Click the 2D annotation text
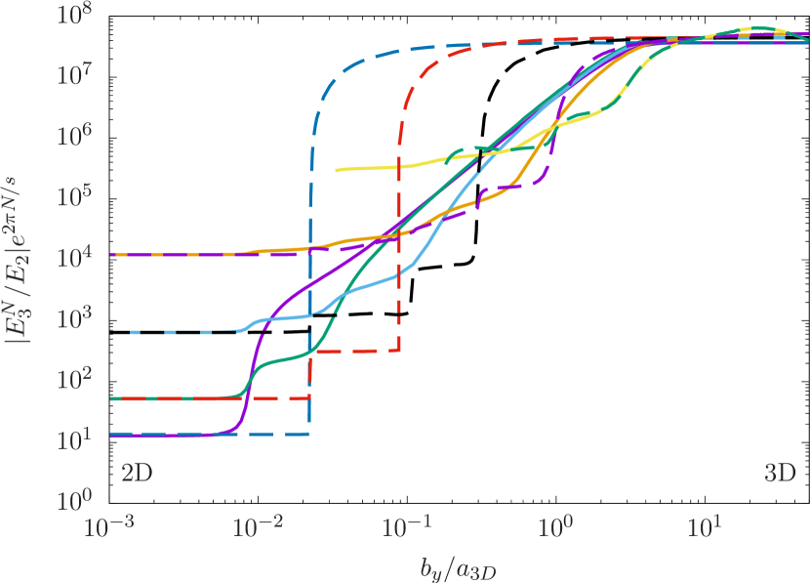tap(136, 474)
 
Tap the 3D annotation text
tap(780, 474)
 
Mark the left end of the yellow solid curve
tap(337, 170)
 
